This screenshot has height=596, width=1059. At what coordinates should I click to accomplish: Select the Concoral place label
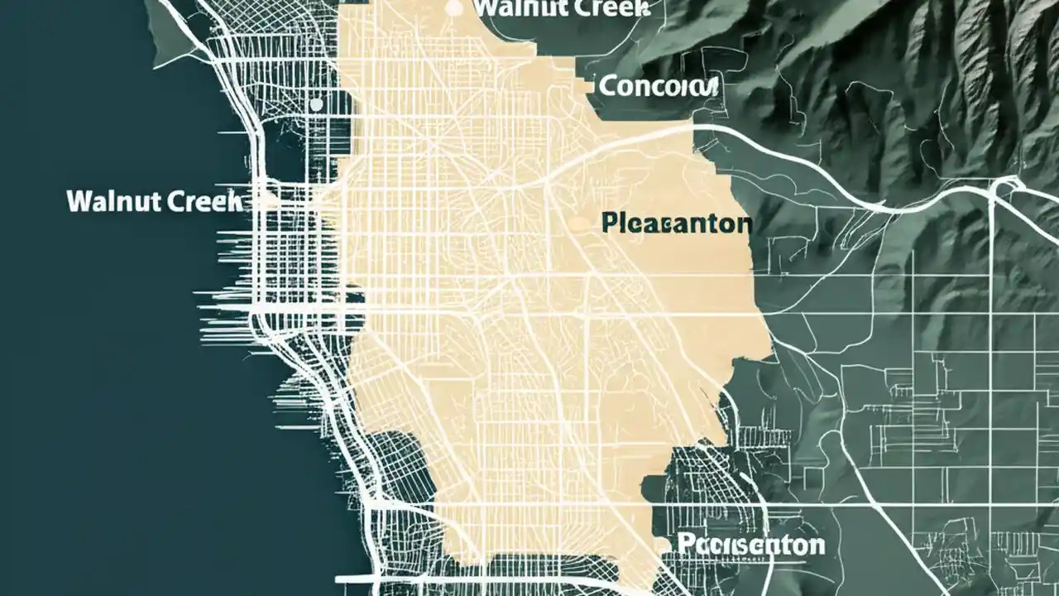click(658, 85)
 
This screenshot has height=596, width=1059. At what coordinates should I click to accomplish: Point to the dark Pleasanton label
click(677, 223)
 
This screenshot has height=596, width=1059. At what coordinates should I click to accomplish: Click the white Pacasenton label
click(750, 545)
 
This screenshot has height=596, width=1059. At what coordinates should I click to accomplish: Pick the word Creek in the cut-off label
click(602, 8)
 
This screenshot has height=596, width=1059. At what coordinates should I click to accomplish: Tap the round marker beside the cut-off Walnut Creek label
click(453, 8)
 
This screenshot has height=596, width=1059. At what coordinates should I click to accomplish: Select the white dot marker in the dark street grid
click(315, 105)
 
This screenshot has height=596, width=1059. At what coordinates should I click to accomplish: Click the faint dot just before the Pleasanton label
click(577, 223)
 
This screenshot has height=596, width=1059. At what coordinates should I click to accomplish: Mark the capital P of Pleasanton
click(610, 223)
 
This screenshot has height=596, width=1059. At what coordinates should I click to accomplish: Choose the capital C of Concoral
click(606, 85)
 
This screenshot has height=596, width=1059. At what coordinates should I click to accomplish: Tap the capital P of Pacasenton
click(685, 545)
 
